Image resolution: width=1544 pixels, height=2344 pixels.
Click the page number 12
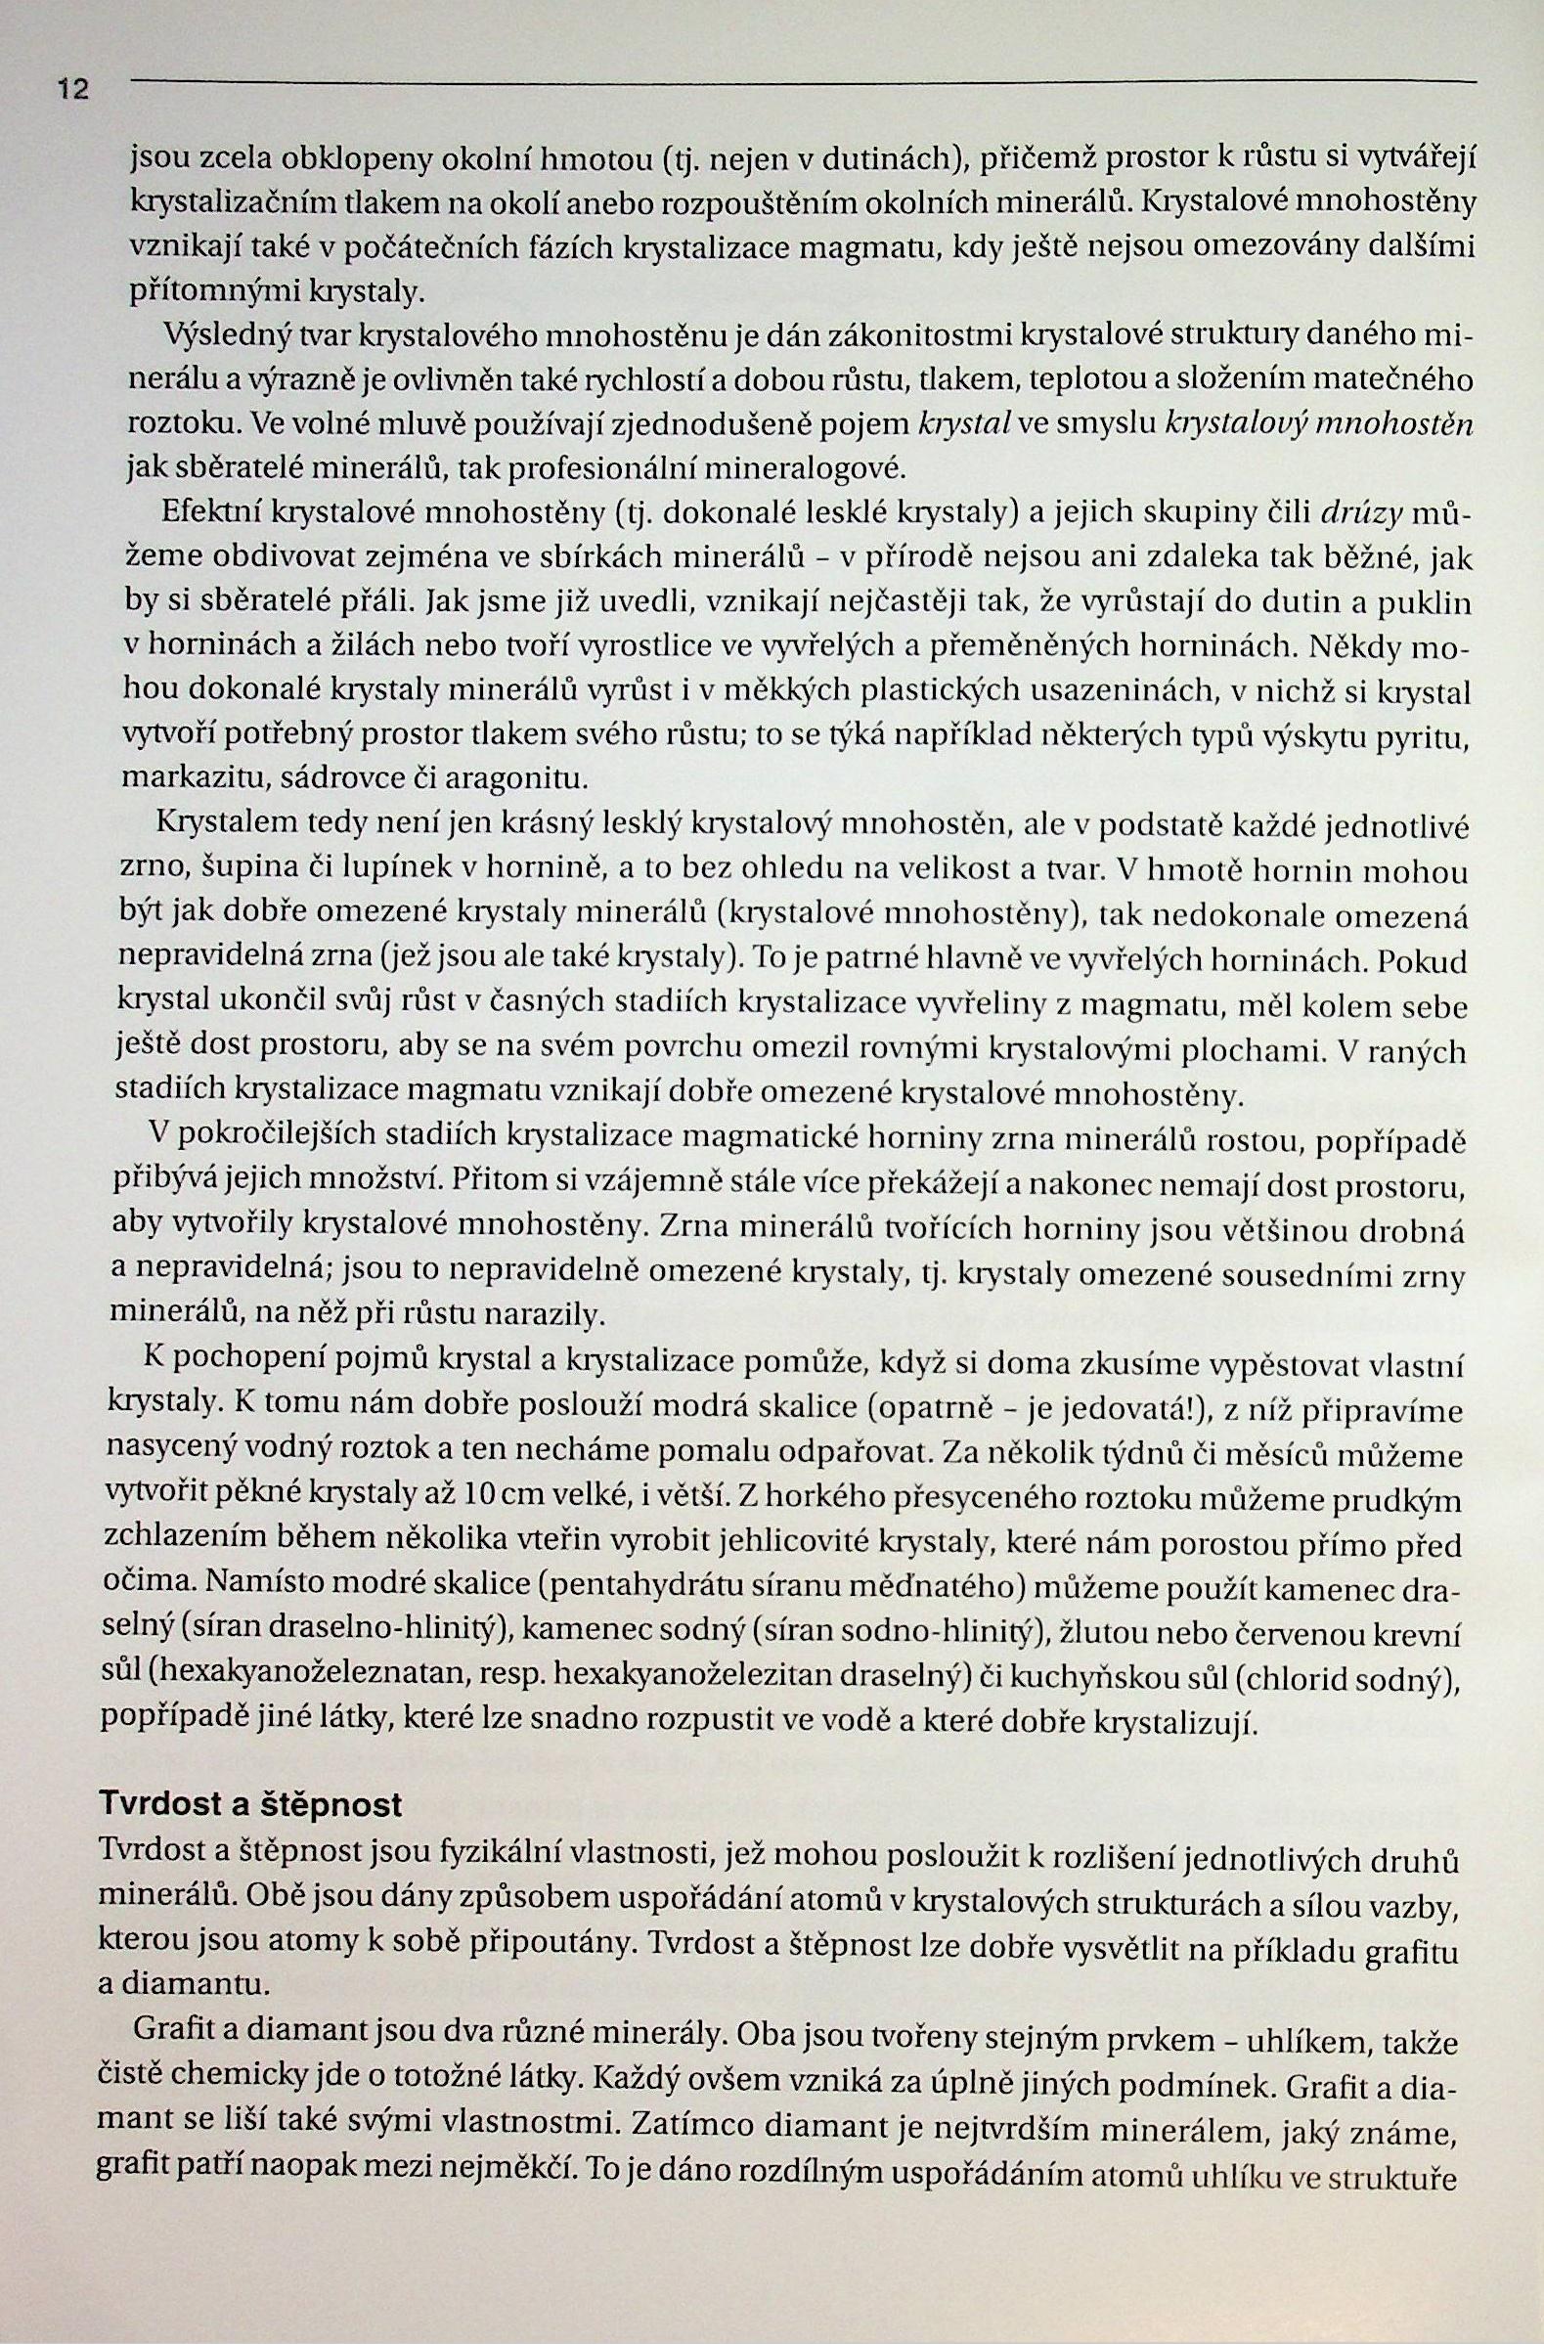pos(73,91)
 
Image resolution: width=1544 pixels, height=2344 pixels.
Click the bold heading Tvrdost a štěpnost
pos(250,1804)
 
